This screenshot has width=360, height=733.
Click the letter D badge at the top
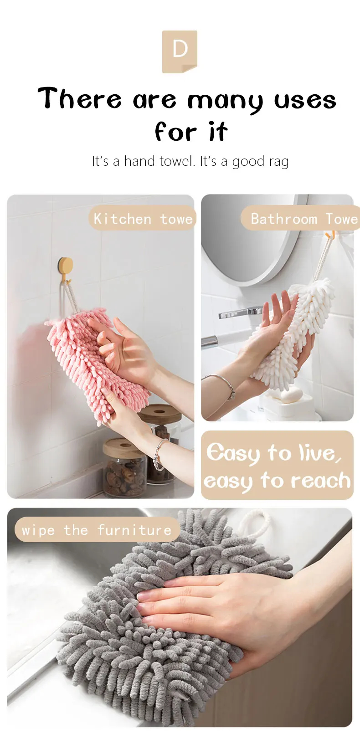180,51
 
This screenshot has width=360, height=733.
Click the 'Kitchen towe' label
142,219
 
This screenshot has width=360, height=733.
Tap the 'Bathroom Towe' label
301,219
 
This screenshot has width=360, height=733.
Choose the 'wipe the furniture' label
97,530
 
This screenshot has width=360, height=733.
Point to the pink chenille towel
87,355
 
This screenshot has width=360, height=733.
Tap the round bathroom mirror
246,237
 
